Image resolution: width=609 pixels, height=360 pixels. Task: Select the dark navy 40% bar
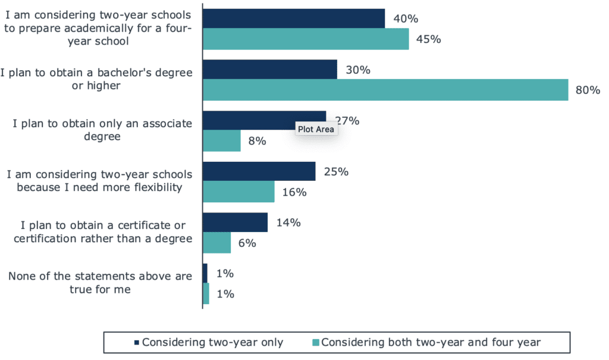click(294, 18)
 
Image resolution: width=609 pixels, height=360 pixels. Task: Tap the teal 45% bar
click(306, 39)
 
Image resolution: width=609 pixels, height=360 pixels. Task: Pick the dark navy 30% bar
click(270, 70)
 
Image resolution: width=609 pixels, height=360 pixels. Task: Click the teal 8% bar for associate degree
click(222, 142)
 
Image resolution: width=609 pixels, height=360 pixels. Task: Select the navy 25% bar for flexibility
click(259, 171)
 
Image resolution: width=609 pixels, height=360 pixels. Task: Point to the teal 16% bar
click(238, 192)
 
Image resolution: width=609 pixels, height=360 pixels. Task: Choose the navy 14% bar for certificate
click(235, 223)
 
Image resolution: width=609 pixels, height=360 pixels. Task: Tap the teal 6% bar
click(216, 243)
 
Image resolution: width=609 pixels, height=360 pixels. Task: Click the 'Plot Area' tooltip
click(316, 129)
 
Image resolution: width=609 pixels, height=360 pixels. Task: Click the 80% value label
click(588, 90)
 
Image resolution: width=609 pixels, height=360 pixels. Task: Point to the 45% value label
click(428, 39)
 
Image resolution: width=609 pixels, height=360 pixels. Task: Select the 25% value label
click(336, 172)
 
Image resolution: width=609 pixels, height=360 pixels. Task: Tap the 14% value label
click(288, 223)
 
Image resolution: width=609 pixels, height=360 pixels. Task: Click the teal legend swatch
click(316, 342)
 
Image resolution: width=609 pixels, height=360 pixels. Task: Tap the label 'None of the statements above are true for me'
click(99, 283)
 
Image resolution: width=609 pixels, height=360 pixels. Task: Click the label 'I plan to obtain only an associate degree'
click(102, 130)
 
